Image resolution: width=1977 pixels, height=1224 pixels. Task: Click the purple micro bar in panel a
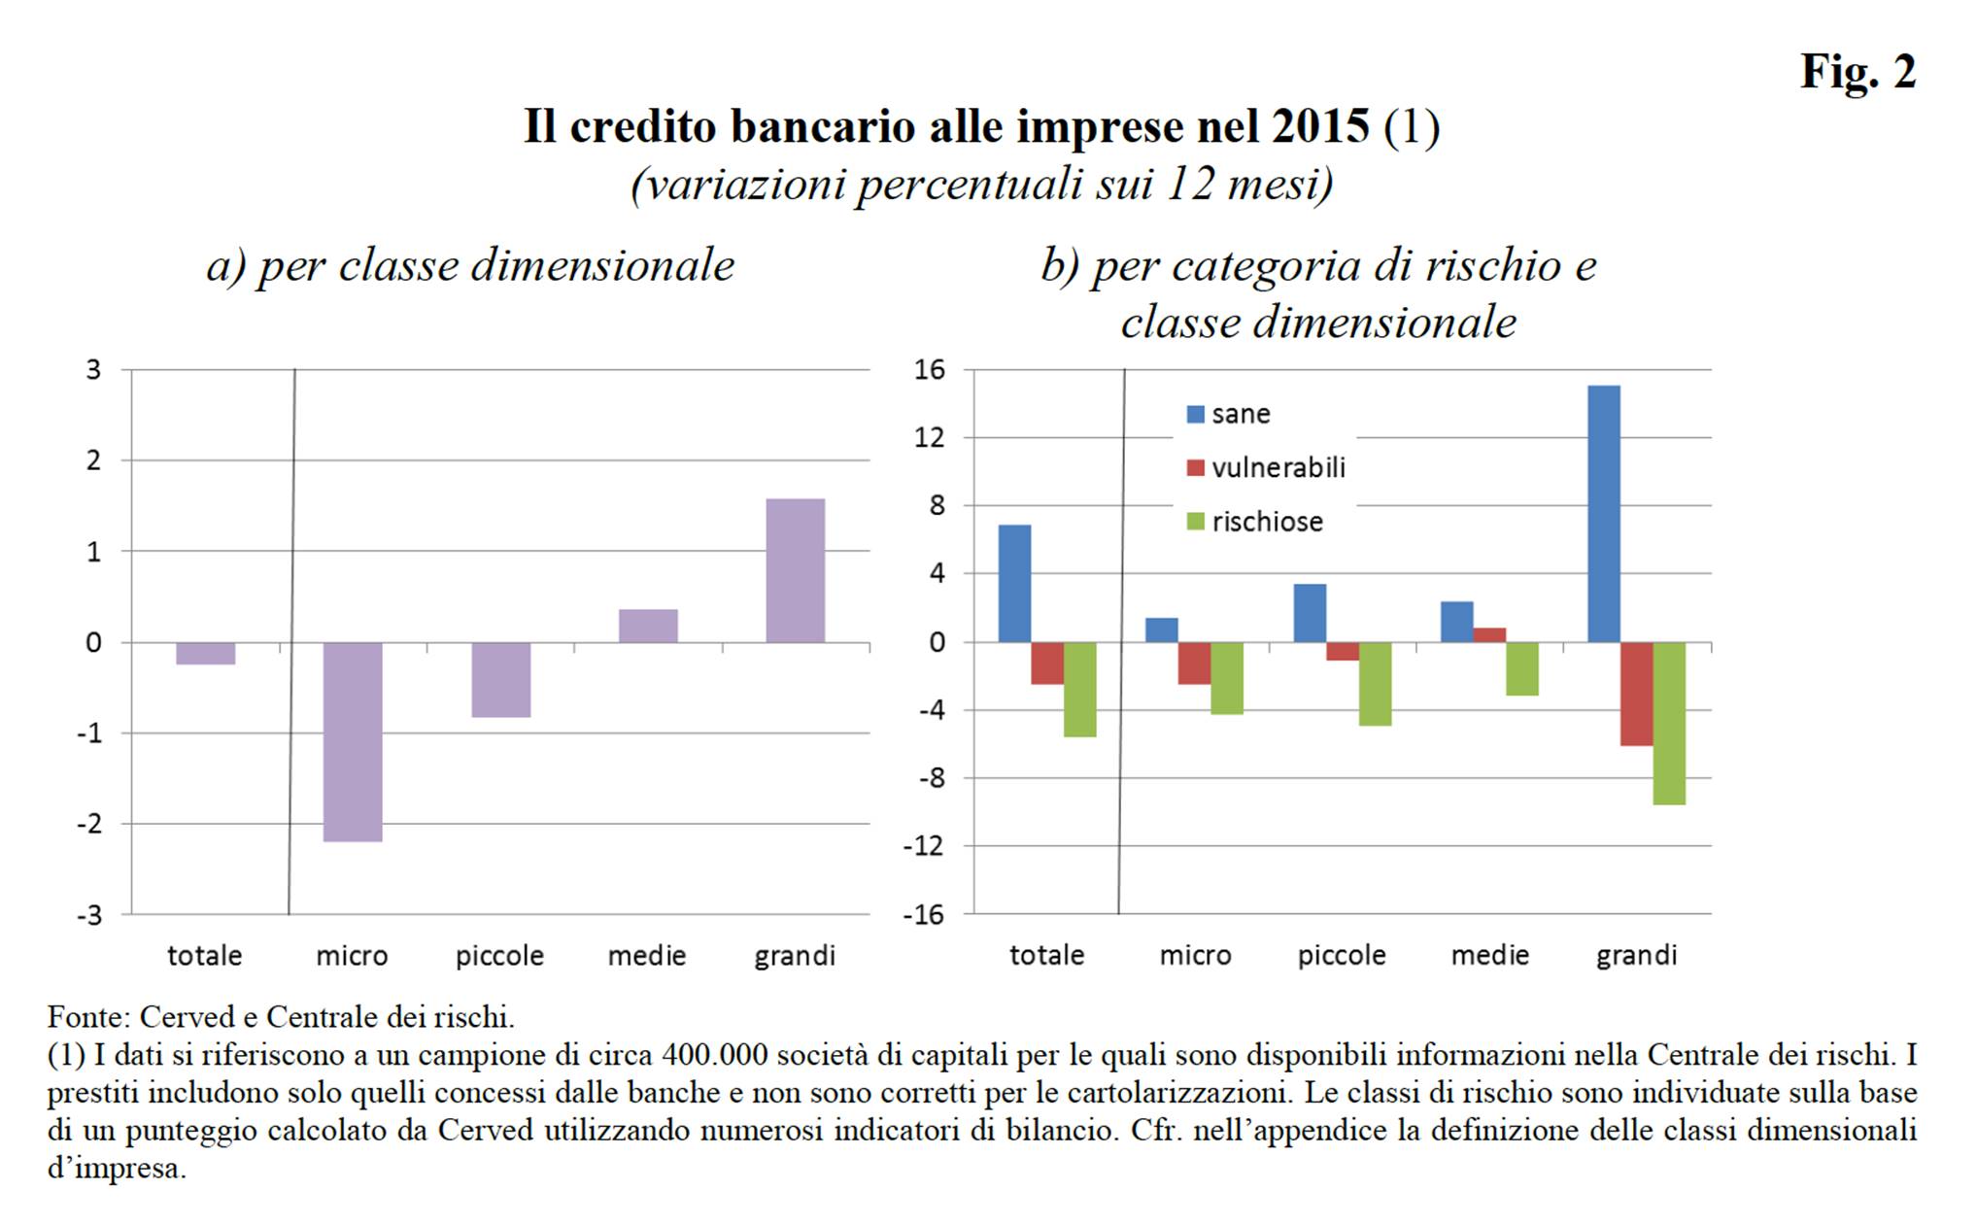pyautogui.click(x=353, y=741)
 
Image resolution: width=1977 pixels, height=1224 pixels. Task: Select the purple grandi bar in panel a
pyautogui.click(x=795, y=570)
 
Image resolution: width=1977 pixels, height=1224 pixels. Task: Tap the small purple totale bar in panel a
pyautogui.click(x=205, y=653)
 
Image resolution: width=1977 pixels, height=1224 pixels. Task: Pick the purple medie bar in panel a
pyautogui.click(x=648, y=626)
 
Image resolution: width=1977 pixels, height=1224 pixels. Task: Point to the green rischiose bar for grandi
pyautogui.click(x=1669, y=723)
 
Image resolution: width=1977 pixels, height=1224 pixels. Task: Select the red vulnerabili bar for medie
pyautogui.click(x=1489, y=634)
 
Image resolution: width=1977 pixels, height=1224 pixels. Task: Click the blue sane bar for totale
pyautogui.click(x=1014, y=583)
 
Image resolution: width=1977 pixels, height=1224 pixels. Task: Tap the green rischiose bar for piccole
pyautogui.click(x=1375, y=684)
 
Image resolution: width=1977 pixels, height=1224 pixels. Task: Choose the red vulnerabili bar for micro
pyautogui.click(x=1194, y=663)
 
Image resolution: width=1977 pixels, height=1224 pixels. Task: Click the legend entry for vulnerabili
pyautogui.click(x=1266, y=468)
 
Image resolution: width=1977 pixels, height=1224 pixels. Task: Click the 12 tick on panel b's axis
pyautogui.click(x=929, y=437)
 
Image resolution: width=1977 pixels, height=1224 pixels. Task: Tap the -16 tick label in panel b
pyautogui.click(x=923, y=914)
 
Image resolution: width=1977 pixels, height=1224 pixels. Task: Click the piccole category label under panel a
pyautogui.click(x=499, y=956)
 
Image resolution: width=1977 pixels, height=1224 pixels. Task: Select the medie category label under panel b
pyautogui.click(x=1489, y=955)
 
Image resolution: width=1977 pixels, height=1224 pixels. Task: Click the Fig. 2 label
pyautogui.click(x=1857, y=71)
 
